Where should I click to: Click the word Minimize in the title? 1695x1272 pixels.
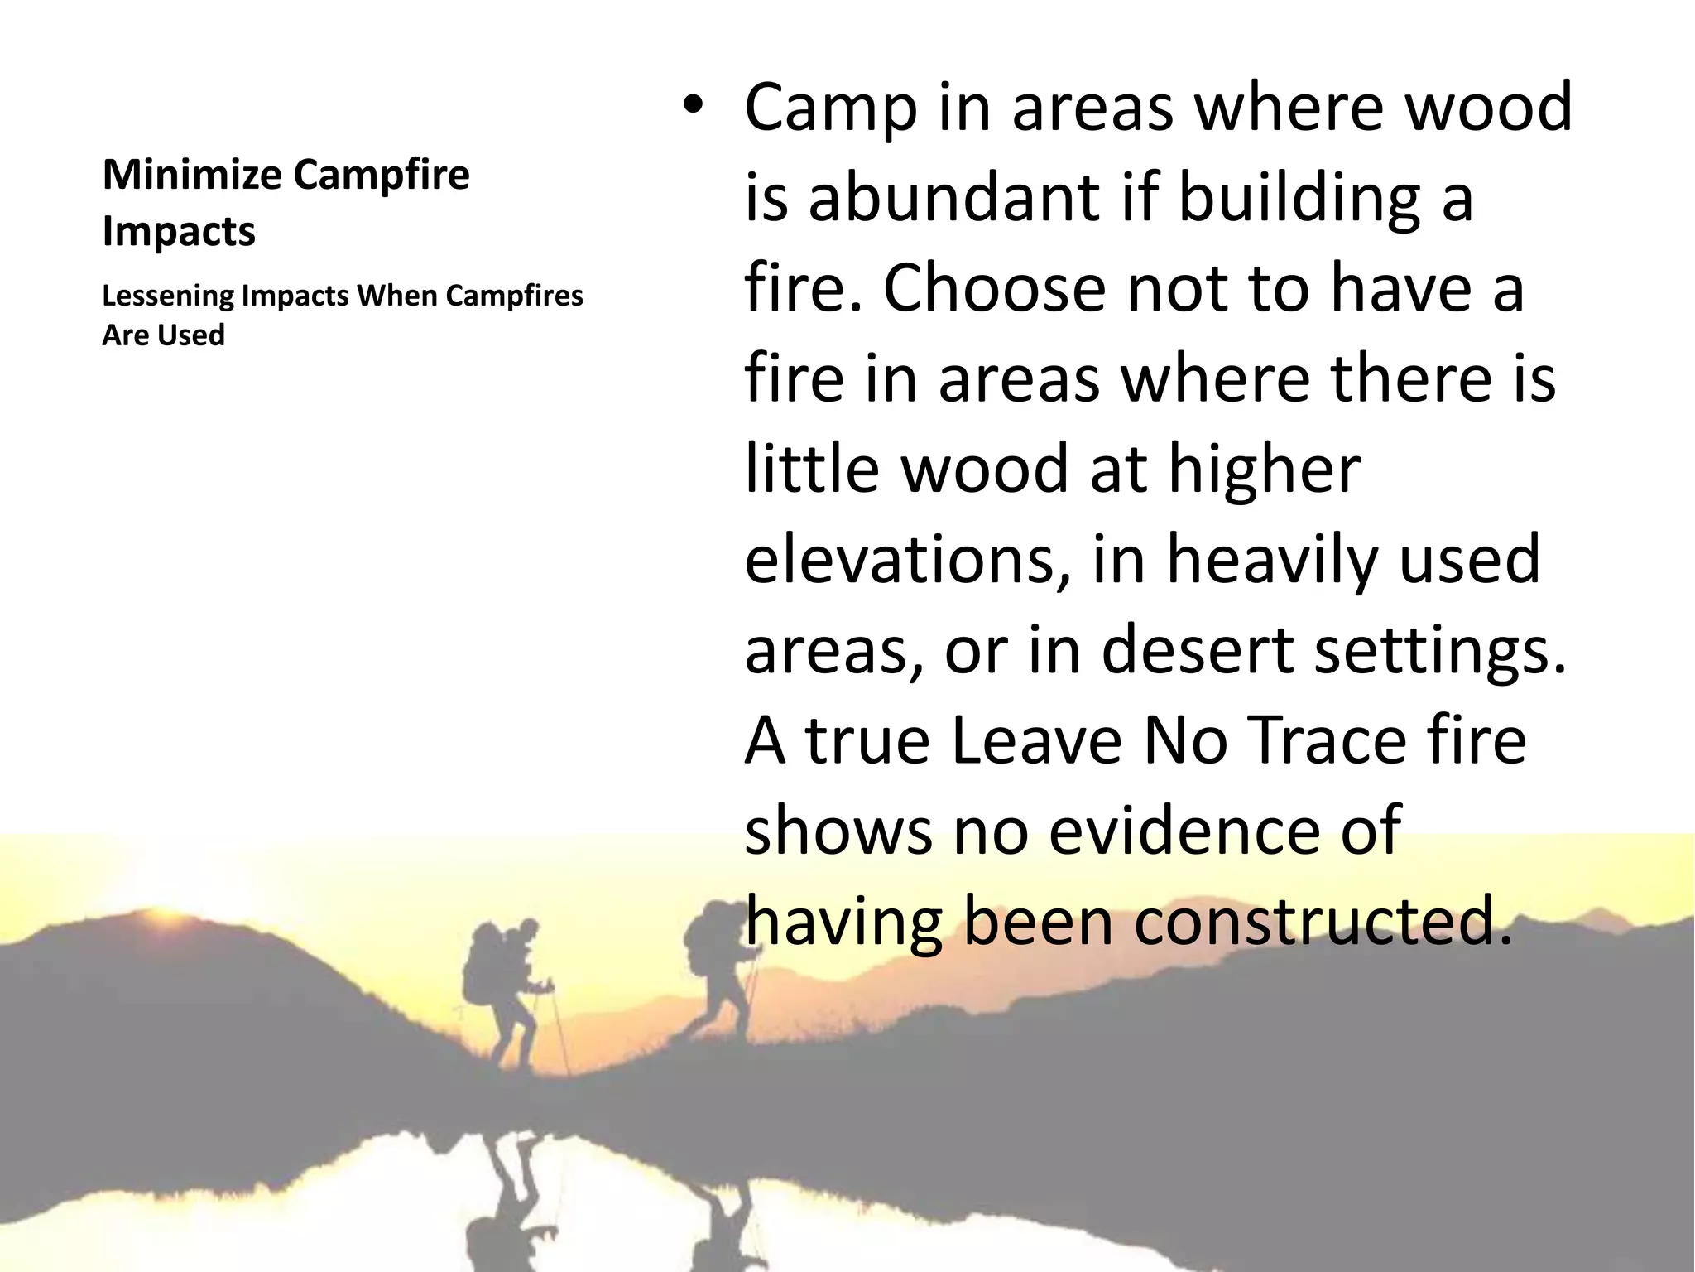(192, 175)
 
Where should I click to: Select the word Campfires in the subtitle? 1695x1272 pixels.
(514, 296)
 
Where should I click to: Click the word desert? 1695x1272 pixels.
(1196, 650)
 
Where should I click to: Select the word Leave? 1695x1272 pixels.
(1035, 740)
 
